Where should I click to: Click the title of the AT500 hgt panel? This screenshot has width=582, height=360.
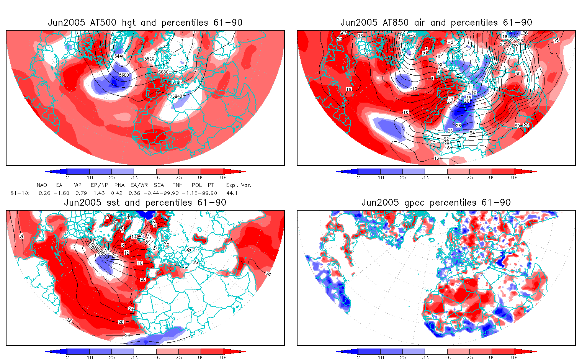pos(145,23)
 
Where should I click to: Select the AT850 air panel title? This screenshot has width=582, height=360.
pos(436,23)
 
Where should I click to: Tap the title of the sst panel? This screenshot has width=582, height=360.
pos(145,203)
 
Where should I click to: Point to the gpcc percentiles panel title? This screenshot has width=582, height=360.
pos(436,203)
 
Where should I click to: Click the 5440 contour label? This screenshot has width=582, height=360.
pos(119,56)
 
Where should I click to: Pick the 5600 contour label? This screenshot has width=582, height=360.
pos(124,75)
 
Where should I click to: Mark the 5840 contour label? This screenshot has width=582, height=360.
pos(177,96)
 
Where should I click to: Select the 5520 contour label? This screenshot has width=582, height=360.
pos(149,59)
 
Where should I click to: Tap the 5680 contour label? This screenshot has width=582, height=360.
pos(163,72)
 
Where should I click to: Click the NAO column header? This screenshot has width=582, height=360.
pos(42,185)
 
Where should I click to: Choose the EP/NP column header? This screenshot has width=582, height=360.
pos(99,185)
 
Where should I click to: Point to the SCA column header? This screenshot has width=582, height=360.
pos(159,185)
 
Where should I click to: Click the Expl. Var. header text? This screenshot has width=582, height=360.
pos(239,185)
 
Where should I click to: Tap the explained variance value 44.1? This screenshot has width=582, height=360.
pos(232,193)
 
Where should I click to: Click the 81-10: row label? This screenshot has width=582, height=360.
pos(20,193)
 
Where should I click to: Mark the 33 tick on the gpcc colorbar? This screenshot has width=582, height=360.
pos(425,357)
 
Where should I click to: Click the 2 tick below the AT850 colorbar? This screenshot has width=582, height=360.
pos(358,177)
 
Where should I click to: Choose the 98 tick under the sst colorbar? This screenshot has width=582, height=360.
pos(224,357)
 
